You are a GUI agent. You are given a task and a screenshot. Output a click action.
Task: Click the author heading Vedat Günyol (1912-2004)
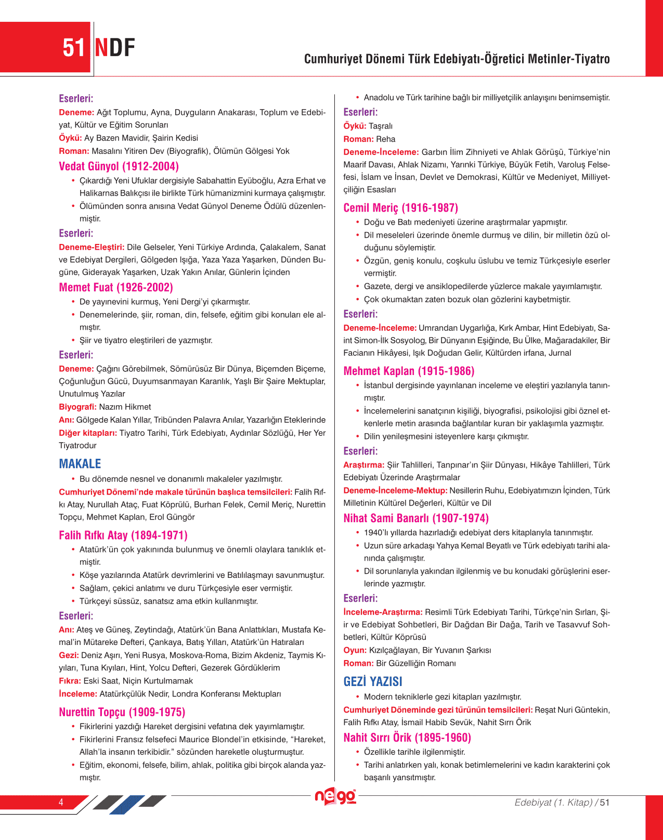[x=119, y=166]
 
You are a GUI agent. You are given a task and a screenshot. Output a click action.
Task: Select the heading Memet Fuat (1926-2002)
[x=115, y=288]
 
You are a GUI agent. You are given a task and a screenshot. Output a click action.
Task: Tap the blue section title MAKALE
[x=80, y=464]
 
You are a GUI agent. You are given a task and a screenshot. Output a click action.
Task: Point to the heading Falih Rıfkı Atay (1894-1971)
[x=123, y=535]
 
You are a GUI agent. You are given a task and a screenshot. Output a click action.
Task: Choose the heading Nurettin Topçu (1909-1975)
[x=122, y=712]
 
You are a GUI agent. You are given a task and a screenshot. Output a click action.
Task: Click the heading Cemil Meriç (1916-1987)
[x=400, y=208]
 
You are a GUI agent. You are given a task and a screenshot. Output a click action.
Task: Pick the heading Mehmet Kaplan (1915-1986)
[x=409, y=371]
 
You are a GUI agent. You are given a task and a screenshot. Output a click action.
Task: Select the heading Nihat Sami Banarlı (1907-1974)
[x=416, y=519]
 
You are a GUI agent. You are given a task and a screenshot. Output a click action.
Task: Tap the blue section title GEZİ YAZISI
[x=373, y=682]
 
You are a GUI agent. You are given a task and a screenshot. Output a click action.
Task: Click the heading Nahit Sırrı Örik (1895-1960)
[x=407, y=738]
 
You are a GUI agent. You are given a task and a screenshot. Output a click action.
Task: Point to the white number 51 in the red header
[x=74, y=48]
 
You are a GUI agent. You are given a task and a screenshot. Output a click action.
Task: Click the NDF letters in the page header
[x=115, y=48]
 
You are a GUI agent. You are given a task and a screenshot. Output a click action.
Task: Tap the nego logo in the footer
[x=336, y=797]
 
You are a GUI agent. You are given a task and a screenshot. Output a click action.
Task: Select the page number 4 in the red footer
[x=61, y=802]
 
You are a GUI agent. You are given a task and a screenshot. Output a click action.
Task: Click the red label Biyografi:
[x=77, y=407]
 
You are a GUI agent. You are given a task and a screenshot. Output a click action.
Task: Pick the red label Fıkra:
[x=70, y=681]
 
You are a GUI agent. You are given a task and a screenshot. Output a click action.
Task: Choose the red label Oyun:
[x=355, y=650]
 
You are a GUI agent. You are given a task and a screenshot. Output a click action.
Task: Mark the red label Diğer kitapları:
[x=88, y=433]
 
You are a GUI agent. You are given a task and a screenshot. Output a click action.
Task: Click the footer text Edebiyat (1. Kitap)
[x=553, y=802]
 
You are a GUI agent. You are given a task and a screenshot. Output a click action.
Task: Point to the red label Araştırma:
[x=363, y=465]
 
